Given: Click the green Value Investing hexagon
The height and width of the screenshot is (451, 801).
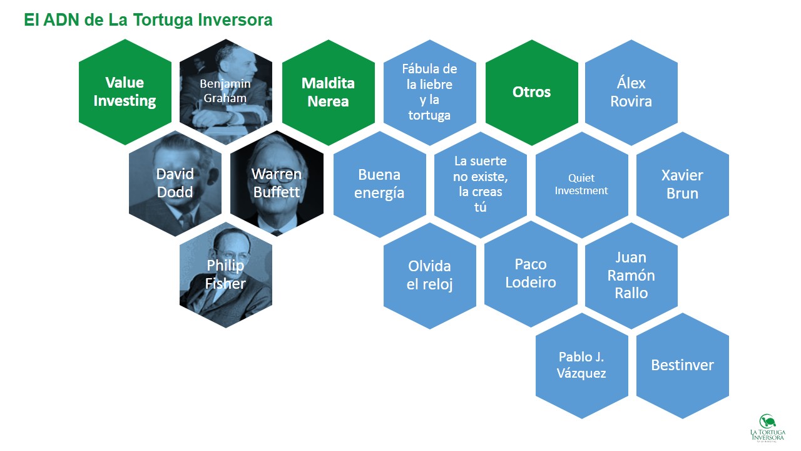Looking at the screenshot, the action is (125, 92).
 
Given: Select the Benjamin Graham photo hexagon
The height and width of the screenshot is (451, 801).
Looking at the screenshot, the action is (226, 92).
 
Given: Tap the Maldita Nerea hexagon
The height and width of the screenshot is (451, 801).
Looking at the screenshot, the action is (329, 92).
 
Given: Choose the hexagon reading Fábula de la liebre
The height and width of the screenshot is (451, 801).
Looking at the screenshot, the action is (429, 92).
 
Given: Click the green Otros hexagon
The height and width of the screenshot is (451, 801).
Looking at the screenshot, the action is (532, 92).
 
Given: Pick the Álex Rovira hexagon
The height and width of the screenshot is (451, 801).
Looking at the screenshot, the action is (631, 92).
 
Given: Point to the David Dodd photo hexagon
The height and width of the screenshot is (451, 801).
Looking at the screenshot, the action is (175, 184).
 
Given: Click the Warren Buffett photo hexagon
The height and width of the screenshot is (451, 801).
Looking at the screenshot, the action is (277, 184).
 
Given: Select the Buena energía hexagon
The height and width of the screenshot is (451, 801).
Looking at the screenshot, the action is (379, 184).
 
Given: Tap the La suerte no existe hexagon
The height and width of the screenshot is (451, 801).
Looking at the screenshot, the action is (480, 185).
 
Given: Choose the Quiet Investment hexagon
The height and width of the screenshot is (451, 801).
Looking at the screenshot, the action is (582, 185).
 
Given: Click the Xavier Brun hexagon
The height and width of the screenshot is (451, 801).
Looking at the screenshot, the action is (683, 185).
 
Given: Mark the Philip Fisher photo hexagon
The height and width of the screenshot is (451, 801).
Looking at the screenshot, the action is (226, 275).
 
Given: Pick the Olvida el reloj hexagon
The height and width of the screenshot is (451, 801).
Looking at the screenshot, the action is (429, 276).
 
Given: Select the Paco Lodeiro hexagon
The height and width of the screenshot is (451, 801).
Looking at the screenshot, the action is (531, 274).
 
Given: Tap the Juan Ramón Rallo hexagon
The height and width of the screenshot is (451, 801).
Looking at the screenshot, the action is (631, 276).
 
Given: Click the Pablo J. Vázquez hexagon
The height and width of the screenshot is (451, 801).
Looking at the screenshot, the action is (582, 365).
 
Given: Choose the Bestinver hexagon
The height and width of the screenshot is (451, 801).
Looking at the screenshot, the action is (683, 365).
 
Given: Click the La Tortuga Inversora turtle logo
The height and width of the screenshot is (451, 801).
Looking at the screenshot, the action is (768, 428).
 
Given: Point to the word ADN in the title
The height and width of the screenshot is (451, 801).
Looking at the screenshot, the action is (61, 19).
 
